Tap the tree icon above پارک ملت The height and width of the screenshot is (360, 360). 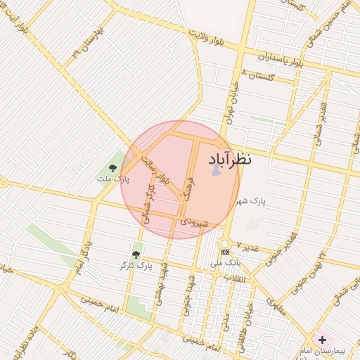click(112, 167)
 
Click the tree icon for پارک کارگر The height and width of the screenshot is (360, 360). click(136, 255)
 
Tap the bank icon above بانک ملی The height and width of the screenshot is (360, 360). click(225, 252)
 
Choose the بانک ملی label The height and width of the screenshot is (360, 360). click(226, 263)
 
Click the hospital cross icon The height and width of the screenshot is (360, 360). click(322, 340)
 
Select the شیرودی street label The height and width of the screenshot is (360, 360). click(195, 222)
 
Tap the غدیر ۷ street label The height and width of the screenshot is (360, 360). click(247, 247)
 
